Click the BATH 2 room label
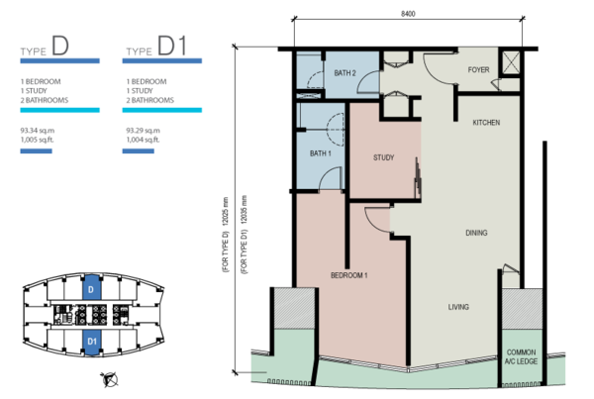pos(345,73)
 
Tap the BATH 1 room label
pos(321,153)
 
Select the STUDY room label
pos(384,157)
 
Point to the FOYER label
pos(478,69)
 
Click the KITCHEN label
pos(486,123)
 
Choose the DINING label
pos(476,233)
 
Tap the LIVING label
pos(458,307)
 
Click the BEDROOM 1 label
pos(348,275)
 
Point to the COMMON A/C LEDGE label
pos(522,357)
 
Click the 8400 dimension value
pos(408,14)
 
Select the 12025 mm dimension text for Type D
pos(226,235)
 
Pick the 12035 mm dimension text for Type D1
pos(245,235)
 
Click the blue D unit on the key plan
pos(91,288)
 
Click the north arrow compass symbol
pos(110,379)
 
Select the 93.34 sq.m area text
pos(38,131)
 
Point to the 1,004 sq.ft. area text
pos(143,140)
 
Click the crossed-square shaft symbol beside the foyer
pos(510,62)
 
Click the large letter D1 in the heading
pos(172,46)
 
